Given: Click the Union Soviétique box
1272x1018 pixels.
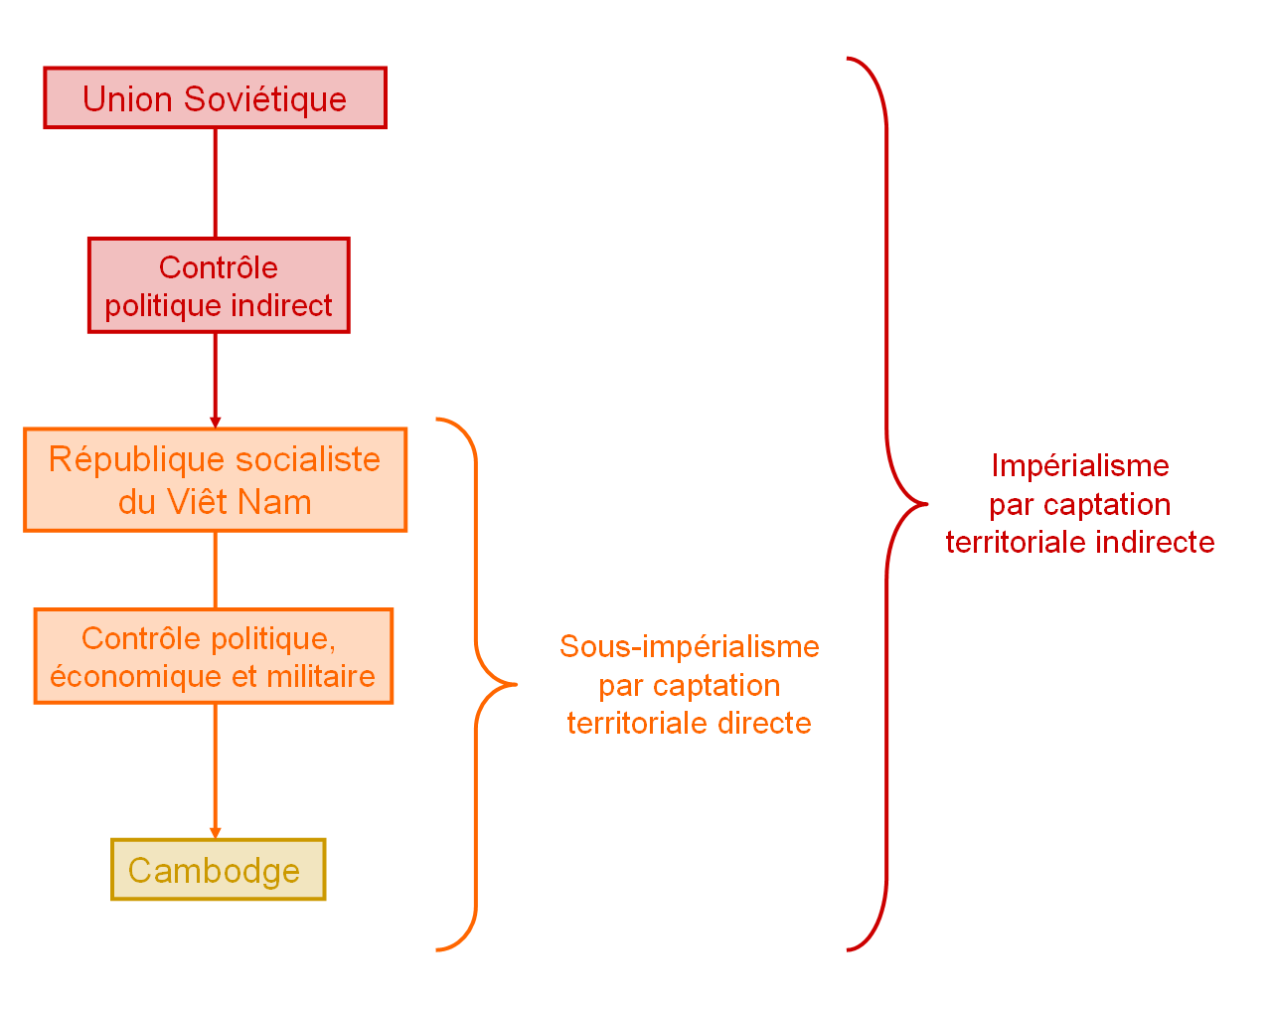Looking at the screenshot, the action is [x=216, y=97].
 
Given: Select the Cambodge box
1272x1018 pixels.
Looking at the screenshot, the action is [x=218, y=870].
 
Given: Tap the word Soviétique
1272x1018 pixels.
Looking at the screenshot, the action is [x=264, y=98].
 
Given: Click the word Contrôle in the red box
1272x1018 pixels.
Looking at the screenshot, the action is [x=218, y=267].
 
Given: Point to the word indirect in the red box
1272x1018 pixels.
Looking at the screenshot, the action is [x=281, y=305].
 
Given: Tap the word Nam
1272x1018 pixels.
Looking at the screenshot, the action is [x=274, y=502].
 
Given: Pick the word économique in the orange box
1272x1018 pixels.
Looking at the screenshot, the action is [x=135, y=677].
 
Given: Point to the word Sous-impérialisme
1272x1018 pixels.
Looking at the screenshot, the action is [x=690, y=646].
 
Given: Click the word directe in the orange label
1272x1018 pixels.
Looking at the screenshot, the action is [x=764, y=724].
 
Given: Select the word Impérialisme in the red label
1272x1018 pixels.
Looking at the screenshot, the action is [x=1080, y=466].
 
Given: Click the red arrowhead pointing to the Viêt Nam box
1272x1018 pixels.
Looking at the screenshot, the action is [x=216, y=423].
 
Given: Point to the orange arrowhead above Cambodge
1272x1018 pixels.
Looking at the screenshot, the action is [x=216, y=833].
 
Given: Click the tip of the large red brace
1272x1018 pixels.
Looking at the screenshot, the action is [x=927, y=505].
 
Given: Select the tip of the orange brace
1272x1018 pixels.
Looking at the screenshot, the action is [x=517, y=685].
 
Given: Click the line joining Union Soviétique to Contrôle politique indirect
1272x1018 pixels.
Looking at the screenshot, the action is [x=216, y=183].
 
